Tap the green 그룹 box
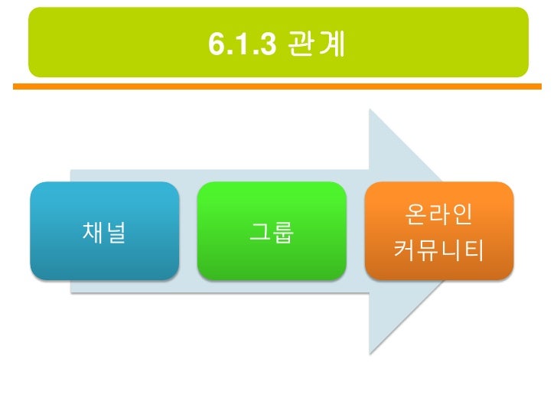(272, 229)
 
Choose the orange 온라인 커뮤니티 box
(438, 229)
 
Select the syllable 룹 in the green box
(283, 230)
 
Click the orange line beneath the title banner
(278, 87)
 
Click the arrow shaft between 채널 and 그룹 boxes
(188, 230)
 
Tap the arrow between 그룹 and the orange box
(355, 230)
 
